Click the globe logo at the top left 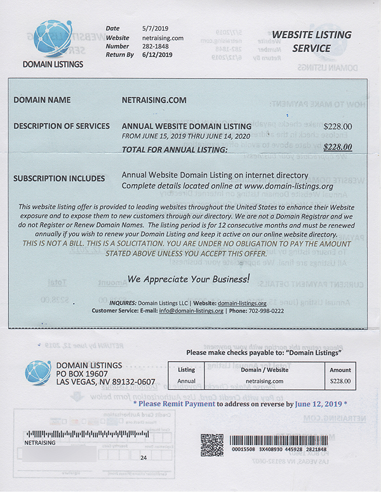(x=53, y=40)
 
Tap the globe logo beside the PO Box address (x=38, y=373)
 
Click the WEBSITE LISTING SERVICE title (x=311, y=41)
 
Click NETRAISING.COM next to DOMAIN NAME (x=154, y=100)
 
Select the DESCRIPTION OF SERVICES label (x=62, y=126)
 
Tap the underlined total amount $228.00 (x=337, y=148)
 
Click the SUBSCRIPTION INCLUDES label (x=59, y=179)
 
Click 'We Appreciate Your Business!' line (x=189, y=279)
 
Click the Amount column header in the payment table (x=340, y=369)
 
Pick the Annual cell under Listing (x=186, y=381)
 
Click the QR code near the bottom (x=211, y=445)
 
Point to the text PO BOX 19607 (x=82, y=373)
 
